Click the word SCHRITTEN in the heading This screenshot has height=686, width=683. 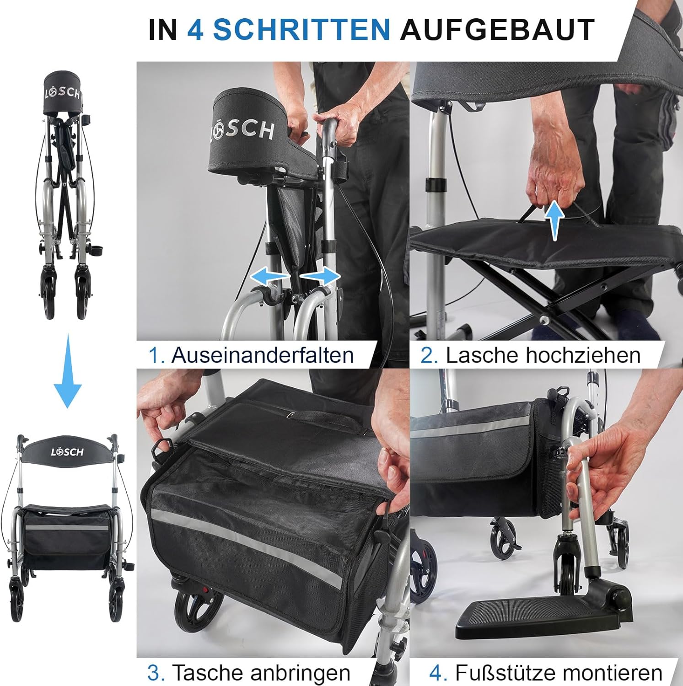pos(301,30)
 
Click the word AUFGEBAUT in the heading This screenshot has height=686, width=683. pos(497,30)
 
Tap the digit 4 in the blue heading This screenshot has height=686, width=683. pos(195,30)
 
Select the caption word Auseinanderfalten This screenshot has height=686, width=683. pos(263,355)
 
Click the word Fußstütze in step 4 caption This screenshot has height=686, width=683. pos(505,672)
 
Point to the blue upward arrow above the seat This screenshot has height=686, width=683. pos(554,220)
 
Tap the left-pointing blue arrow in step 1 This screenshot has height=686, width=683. pos(270,276)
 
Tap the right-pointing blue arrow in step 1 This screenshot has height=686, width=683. pos(320,276)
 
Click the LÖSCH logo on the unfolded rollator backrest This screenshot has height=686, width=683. pos(67,452)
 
